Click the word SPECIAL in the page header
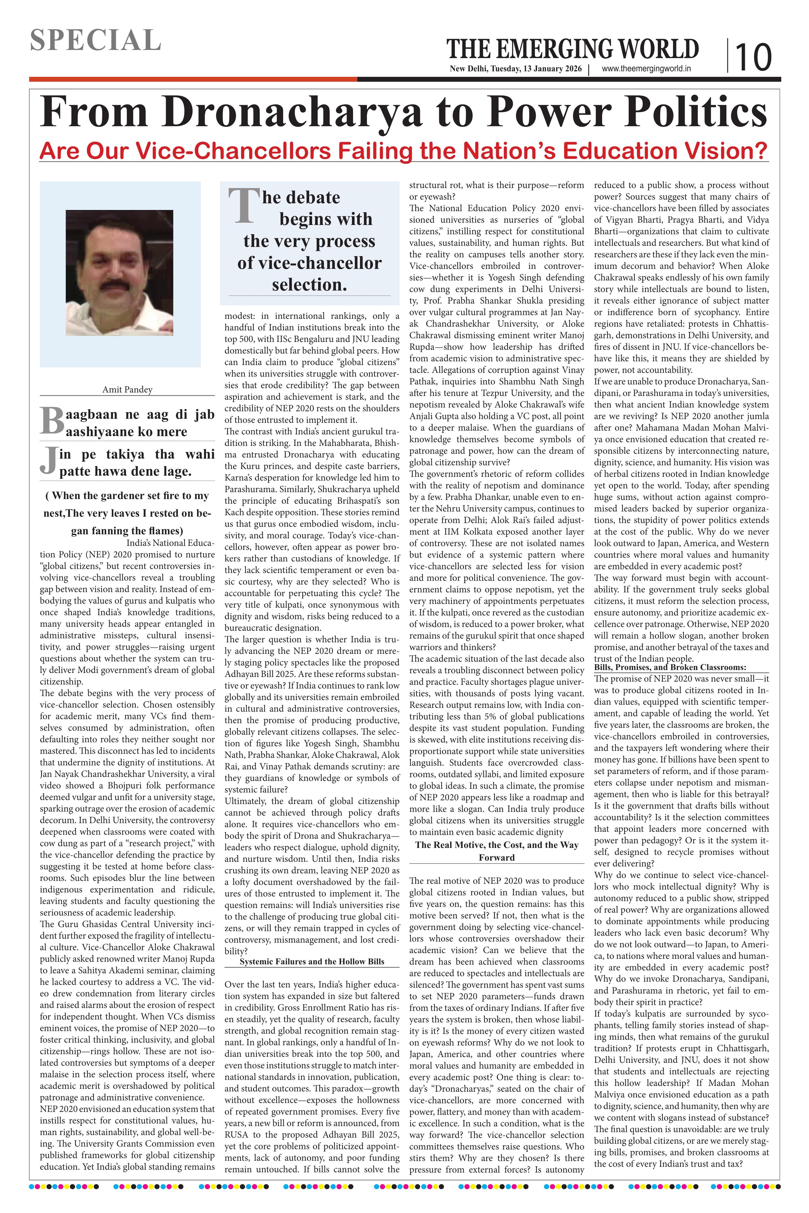click(x=95, y=40)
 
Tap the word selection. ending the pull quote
click(x=309, y=284)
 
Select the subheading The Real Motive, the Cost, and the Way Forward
click(x=496, y=851)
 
